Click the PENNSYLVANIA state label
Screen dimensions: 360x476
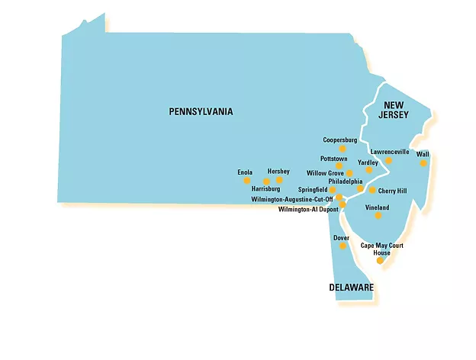pyautogui.click(x=201, y=111)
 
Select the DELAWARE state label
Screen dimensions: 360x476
pyautogui.click(x=351, y=288)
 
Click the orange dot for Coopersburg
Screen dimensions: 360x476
pyautogui.click(x=343, y=149)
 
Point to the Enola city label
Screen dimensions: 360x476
pyautogui.click(x=245, y=172)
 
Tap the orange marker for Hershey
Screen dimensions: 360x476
pyautogui.click(x=279, y=180)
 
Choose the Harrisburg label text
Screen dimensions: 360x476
pyautogui.click(x=266, y=188)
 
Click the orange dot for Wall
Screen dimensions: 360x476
pyautogui.click(x=423, y=162)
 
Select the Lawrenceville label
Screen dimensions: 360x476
pyautogui.click(x=390, y=152)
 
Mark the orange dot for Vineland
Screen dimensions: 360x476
pyautogui.click(x=378, y=216)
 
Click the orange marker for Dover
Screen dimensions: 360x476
pyautogui.click(x=343, y=246)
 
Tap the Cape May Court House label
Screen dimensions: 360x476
pyautogui.click(x=381, y=249)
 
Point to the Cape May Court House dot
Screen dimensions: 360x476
pyautogui.click(x=380, y=261)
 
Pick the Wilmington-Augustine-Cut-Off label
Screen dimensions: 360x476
pyautogui.click(x=292, y=199)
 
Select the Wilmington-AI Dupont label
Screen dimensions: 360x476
pyautogui.click(x=308, y=209)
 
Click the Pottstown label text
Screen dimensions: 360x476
pyautogui.click(x=333, y=158)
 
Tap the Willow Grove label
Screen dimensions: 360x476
pyautogui.click(x=325, y=173)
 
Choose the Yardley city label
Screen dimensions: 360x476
pyautogui.click(x=368, y=162)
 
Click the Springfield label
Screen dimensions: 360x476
pyautogui.click(x=313, y=189)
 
